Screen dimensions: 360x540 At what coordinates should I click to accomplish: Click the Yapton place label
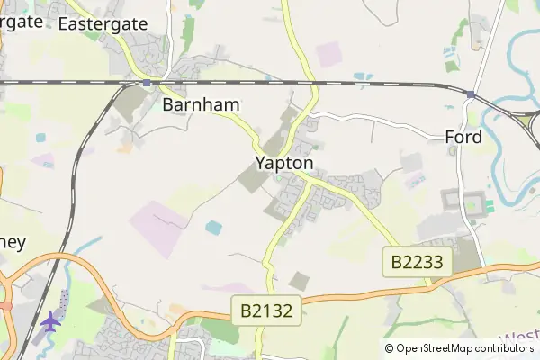[283, 164]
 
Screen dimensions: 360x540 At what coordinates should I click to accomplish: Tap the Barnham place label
[201, 104]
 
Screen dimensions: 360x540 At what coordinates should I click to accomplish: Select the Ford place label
[463, 138]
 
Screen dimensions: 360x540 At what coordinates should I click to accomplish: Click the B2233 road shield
[418, 262]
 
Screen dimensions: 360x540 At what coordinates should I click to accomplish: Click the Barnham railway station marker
[147, 83]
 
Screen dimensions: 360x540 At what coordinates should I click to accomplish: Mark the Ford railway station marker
[471, 94]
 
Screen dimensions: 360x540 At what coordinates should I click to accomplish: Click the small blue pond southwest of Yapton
[213, 228]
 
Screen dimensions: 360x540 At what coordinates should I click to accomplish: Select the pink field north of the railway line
[328, 54]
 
